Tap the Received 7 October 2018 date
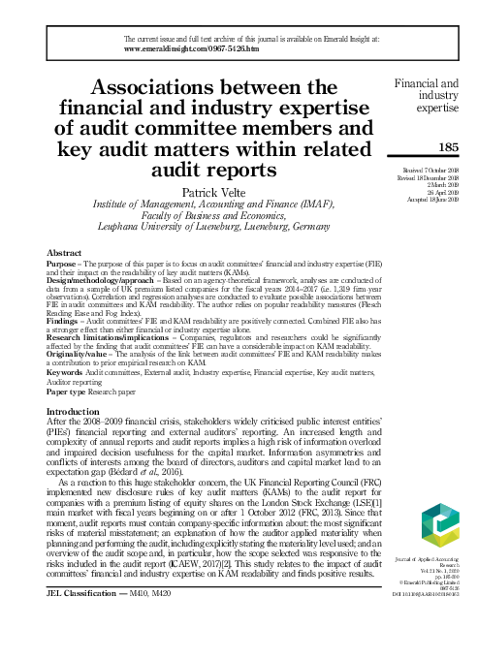431,171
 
